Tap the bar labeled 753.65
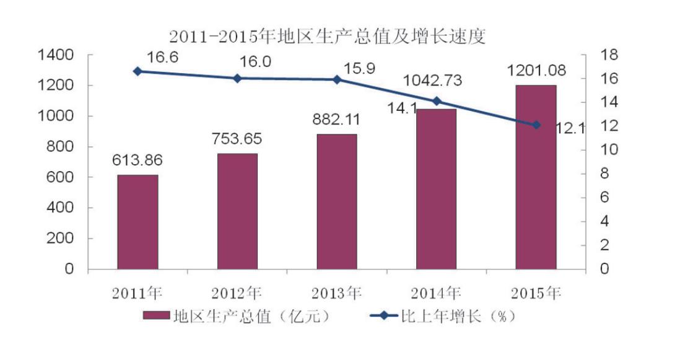(x=237, y=211)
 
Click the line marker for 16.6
(x=137, y=71)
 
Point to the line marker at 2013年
(x=337, y=79)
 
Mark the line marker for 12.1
(x=536, y=125)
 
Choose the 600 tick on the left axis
(x=64, y=177)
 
